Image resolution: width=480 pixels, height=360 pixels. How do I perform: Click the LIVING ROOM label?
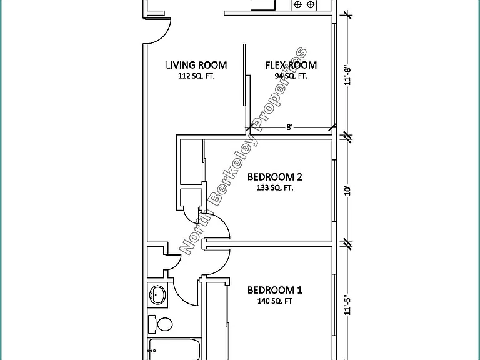196,65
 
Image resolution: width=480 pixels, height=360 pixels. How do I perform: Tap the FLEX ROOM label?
291,65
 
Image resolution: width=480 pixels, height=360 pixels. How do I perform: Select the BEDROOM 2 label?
274,177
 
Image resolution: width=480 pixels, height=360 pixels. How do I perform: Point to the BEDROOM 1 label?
274,290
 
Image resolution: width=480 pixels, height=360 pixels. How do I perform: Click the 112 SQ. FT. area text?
196,76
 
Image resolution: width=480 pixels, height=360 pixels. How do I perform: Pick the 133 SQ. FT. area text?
275,188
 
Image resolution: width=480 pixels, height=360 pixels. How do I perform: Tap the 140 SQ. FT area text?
274,301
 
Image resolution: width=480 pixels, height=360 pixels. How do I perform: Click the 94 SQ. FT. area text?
291,76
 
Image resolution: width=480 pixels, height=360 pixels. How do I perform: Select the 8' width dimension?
289,127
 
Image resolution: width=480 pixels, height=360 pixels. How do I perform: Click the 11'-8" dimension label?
347,75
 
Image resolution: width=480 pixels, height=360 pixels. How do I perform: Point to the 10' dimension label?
347,191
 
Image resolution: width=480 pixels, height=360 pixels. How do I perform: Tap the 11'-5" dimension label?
347,305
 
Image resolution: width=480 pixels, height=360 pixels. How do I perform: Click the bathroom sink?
157,295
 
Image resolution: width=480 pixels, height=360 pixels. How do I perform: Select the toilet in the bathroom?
161,324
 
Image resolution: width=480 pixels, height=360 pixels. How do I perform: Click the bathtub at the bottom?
174,349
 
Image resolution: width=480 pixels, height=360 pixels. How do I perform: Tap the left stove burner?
297,4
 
